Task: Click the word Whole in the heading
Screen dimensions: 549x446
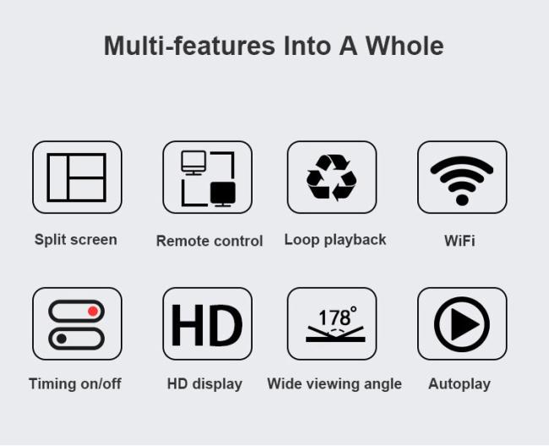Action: tap(405, 46)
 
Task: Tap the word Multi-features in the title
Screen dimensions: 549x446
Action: tap(189, 46)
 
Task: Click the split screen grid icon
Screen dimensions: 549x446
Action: tap(77, 177)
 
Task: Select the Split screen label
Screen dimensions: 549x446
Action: tap(76, 240)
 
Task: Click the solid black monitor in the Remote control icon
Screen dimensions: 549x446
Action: tap(223, 194)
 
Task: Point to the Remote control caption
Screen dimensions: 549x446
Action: tap(209, 241)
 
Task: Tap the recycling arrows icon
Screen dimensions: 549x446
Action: tap(331, 177)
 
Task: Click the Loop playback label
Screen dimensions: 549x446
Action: tap(335, 240)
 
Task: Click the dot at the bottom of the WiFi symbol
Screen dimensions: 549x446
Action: tap(462, 200)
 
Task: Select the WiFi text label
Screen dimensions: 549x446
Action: tap(459, 241)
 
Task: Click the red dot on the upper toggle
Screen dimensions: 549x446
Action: tap(93, 311)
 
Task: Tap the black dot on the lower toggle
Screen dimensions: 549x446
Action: tap(62, 339)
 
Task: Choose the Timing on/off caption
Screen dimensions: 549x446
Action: tap(75, 383)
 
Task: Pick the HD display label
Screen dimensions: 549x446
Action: tap(204, 384)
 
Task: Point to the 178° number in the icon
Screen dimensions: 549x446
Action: tap(338, 317)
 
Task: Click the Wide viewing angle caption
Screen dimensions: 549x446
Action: tap(334, 384)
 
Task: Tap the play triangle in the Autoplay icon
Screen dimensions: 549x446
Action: tap(465, 324)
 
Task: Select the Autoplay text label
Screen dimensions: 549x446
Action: tap(459, 384)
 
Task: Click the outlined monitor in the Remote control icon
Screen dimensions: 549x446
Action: tap(193, 162)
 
